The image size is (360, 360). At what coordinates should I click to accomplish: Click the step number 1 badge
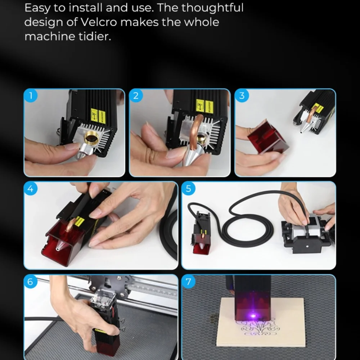[31, 96]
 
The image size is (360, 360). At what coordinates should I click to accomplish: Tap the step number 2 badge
[136, 96]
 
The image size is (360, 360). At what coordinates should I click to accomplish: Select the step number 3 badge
[242, 96]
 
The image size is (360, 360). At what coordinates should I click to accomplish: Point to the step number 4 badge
[31, 189]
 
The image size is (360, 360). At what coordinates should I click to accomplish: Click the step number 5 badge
[188, 189]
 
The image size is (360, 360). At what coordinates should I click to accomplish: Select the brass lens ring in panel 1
[91, 139]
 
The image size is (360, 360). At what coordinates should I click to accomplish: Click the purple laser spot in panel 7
[253, 316]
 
